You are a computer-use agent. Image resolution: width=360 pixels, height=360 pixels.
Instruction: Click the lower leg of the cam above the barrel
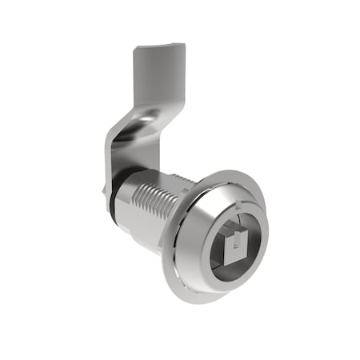click(x=140, y=156)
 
